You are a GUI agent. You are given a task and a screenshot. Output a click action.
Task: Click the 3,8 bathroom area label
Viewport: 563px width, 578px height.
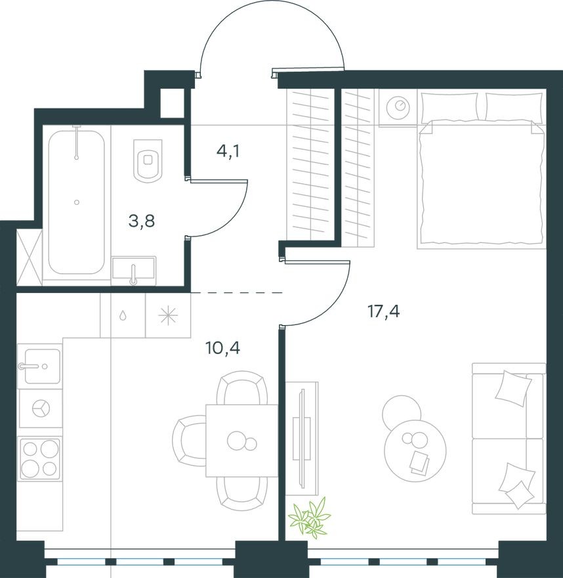[x=142, y=221]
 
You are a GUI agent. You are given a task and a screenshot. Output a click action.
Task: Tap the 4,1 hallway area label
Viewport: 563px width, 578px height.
[x=228, y=152]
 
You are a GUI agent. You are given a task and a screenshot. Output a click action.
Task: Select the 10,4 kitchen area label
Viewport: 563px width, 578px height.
[x=223, y=348]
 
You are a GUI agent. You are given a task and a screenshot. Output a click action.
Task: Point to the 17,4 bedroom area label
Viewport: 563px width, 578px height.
[x=383, y=311]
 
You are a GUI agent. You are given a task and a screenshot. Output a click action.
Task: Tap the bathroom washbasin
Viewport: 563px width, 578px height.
[x=133, y=269]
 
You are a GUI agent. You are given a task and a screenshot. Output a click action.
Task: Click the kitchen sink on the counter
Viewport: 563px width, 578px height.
[x=39, y=366]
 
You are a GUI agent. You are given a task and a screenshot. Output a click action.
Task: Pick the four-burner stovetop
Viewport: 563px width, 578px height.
[x=40, y=457]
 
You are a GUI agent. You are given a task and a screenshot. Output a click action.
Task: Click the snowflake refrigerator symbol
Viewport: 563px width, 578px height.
[x=168, y=315]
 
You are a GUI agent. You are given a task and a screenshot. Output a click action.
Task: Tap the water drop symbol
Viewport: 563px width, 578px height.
[x=123, y=315]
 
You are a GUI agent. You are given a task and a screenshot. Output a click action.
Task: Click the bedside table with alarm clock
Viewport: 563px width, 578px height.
[x=398, y=106]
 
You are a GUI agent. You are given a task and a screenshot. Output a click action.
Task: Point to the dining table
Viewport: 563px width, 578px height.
[x=241, y=440]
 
